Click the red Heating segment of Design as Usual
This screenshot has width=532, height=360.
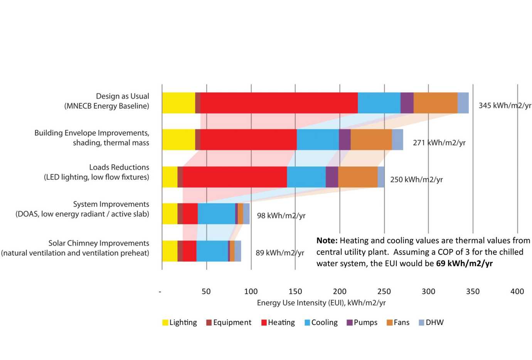[279, 103]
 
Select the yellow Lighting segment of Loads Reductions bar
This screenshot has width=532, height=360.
[170, 177]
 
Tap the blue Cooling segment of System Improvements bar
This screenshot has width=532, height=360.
[216, 214]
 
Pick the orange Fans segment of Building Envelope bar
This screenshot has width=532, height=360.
[371, 140]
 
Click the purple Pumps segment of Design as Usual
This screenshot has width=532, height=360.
[407, 103]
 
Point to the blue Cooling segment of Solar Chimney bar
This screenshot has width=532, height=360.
[212, 251]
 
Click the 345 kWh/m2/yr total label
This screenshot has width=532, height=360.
[505, 105]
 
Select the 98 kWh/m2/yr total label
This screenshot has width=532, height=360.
[281, 215]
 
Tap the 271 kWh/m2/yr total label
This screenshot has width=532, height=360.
[439, 143]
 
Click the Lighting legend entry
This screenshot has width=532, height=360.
[179, 322]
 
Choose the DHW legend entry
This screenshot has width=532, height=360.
[431, 322]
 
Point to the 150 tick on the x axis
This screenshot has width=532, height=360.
[295, 291]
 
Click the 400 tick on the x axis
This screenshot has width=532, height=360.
[517, 291]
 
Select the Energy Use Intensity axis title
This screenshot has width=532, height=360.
[321, 303]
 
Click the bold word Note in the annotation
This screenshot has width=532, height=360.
[327, 241]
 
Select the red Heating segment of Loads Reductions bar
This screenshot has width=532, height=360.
[234, 177]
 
